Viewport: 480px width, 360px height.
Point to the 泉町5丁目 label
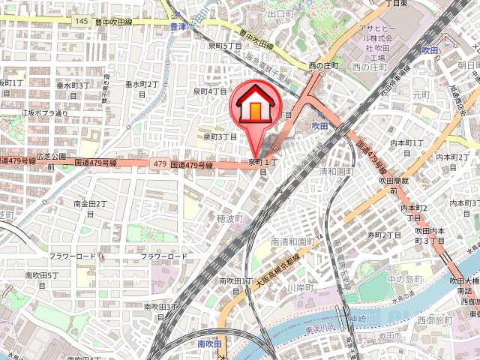click(225, 46)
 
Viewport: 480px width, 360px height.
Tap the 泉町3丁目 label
click(220, 137)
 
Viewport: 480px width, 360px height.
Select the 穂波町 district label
click(230, 219)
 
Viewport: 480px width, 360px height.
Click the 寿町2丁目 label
click(385, 235)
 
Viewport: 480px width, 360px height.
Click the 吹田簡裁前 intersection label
click(393, 186)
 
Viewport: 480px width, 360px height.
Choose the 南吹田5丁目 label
click(43, 280)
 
